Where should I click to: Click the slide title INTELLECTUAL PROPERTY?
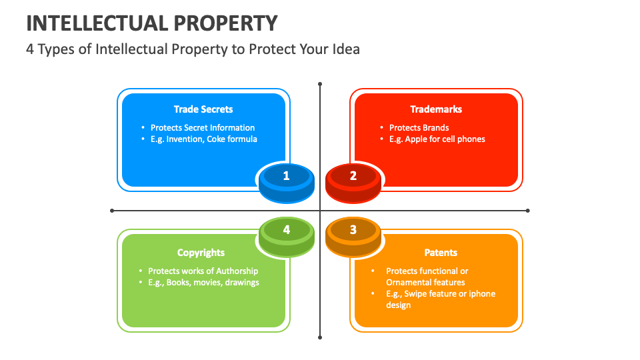pyautogui.click(x=151, y=23)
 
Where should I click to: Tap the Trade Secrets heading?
pyautogui.click(x=203, y=109)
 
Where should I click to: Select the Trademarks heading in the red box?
pyautogui.click(x=436, y=109)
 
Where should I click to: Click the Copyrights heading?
pyautogui.click(x=201, y=253)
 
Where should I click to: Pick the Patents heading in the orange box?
pyautogui.click(x=441, y=253)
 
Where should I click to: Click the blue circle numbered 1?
pyautogui.click(x=286, y=176)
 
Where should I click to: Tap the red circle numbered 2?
pyautogui.click(x=353, y=176)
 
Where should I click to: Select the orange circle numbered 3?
pyautogui.click(x=353, y=230)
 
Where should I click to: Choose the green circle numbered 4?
pyautogui.click(x=286, y=230)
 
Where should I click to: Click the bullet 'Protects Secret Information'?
pyautogui.click(x=203, y=127)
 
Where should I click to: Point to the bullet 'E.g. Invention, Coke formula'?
pyautogui.click(x=203, y=139)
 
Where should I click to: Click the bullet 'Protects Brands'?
pyautogui.click(x=419, y=127)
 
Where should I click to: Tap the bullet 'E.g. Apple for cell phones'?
pyautogui.click(x=437, y=139)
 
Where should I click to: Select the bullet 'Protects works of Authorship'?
pyautogui.click(x=203, y=271)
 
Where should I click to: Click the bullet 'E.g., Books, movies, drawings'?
pyautogui.click(x=203, y=282)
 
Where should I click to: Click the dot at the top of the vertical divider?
pyautogui.click(x=320, y=84)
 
